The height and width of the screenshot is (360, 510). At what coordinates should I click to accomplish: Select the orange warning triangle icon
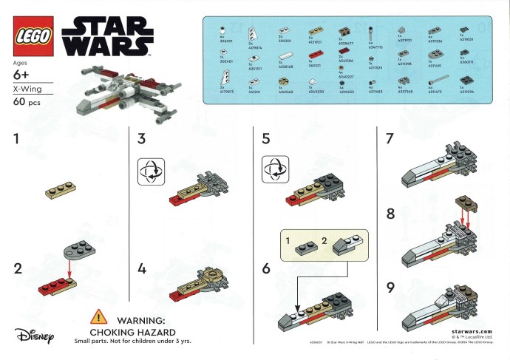pos(98,318)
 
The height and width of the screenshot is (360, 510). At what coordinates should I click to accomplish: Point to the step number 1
pos(17,138)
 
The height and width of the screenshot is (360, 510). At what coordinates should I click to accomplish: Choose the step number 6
pos(268,269)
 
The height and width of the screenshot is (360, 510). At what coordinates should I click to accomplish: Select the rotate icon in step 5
pos(273,169)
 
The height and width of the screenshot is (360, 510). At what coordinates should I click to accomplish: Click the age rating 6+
pos(22,76)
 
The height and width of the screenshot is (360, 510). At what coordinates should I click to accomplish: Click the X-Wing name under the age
pos(28,89)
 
